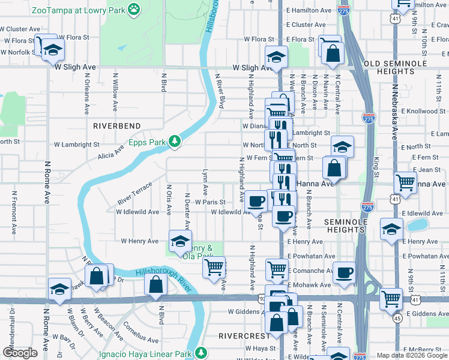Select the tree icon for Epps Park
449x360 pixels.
pos(175,141)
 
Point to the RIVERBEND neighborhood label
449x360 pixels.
pos(116,126)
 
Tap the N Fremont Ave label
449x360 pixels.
pos(13,212)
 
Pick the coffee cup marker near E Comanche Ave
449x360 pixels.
pos(345,272)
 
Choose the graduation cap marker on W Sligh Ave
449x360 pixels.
pos(277,57)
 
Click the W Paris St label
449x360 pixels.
pos(209,202)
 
